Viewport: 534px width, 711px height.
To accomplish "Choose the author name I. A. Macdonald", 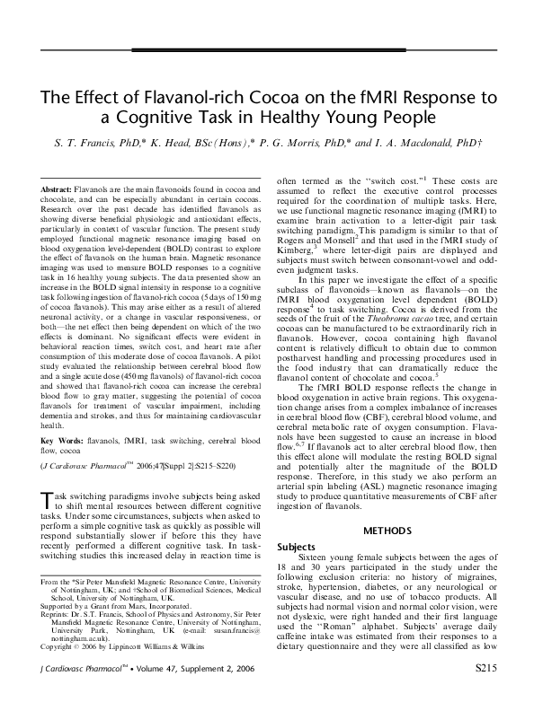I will tap(413, 144).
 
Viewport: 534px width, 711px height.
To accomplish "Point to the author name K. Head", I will tap(181, 144).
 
